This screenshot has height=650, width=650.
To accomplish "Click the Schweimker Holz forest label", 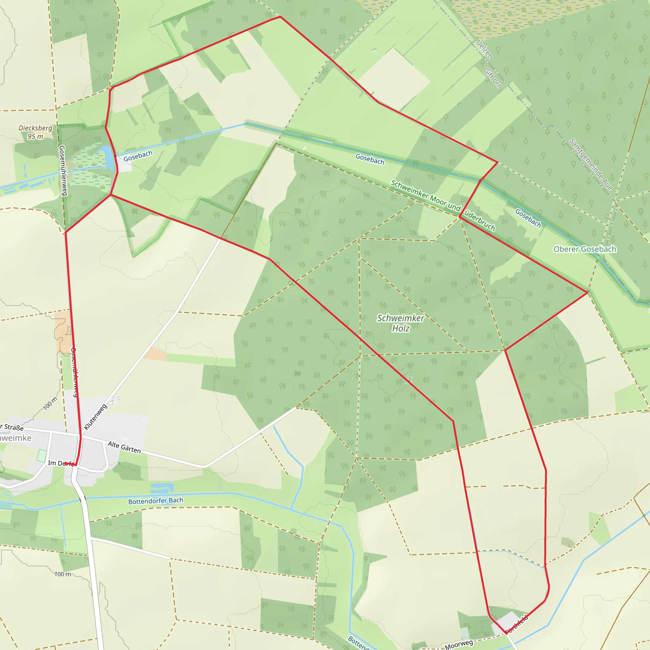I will (400, 323).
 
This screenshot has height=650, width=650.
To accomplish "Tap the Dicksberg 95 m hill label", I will (35, 132).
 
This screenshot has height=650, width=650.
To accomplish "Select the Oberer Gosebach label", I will (585, 249).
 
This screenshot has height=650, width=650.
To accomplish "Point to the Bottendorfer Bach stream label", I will (156, 501).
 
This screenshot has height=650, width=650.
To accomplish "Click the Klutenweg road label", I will (95, 417).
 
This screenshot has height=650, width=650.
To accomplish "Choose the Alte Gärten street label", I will (124, 448).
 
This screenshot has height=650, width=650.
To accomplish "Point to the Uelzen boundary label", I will (484, 49).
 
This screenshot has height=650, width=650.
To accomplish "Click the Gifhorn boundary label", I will (493, 78).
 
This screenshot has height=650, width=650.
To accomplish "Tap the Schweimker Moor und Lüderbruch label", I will (443, 205).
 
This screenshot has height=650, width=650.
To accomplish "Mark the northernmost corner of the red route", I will (280, 17).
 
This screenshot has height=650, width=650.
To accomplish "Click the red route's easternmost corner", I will (588, 293).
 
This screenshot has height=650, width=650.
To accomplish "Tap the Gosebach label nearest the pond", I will (138, 156).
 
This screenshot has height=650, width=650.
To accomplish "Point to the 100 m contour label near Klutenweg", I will (50, 403).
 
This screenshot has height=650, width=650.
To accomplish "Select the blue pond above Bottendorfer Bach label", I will (162, 487).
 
